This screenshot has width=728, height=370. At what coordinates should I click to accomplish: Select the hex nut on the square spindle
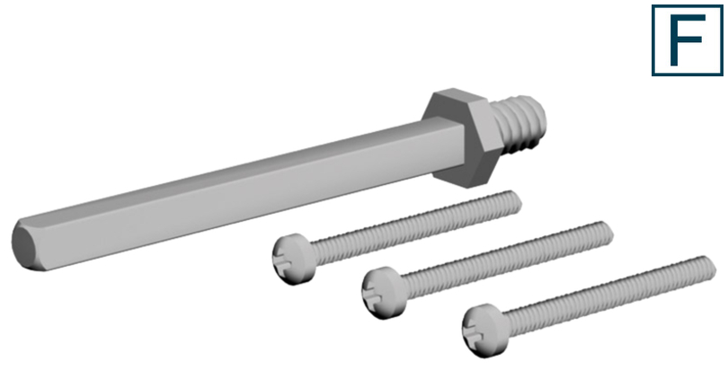click(x=462, y=135)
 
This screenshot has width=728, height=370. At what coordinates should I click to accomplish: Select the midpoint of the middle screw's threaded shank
click(x=503, y=259)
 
